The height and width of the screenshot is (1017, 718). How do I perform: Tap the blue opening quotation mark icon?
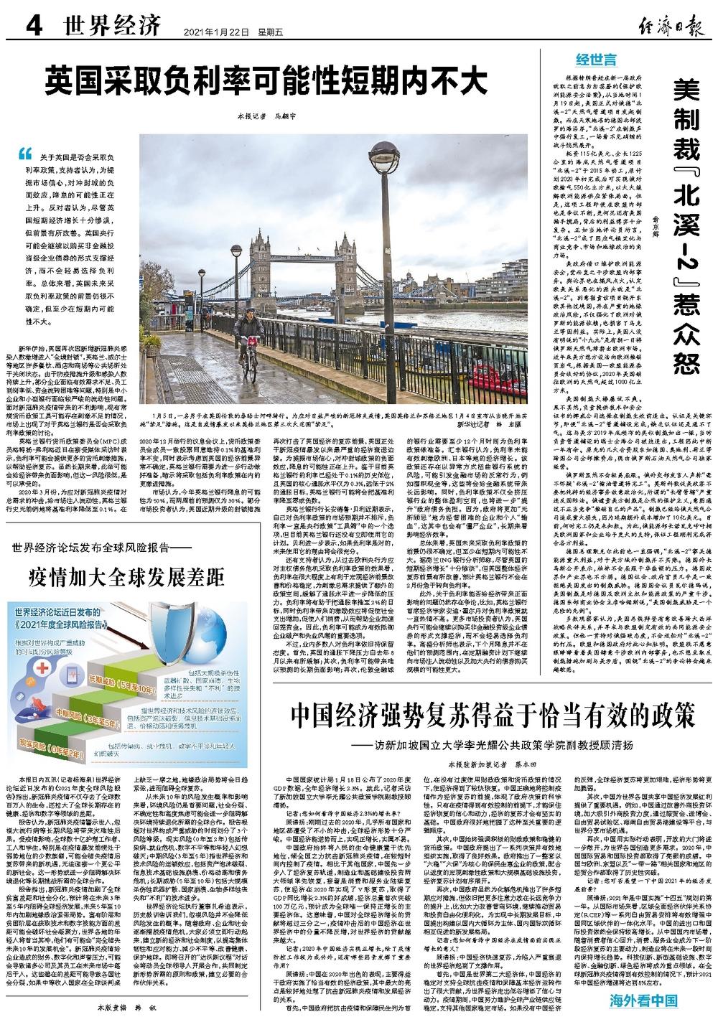tap(27, 153)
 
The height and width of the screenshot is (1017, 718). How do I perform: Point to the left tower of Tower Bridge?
tap(260, 250)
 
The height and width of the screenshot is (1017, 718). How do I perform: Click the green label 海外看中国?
tap(644, 1000)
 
